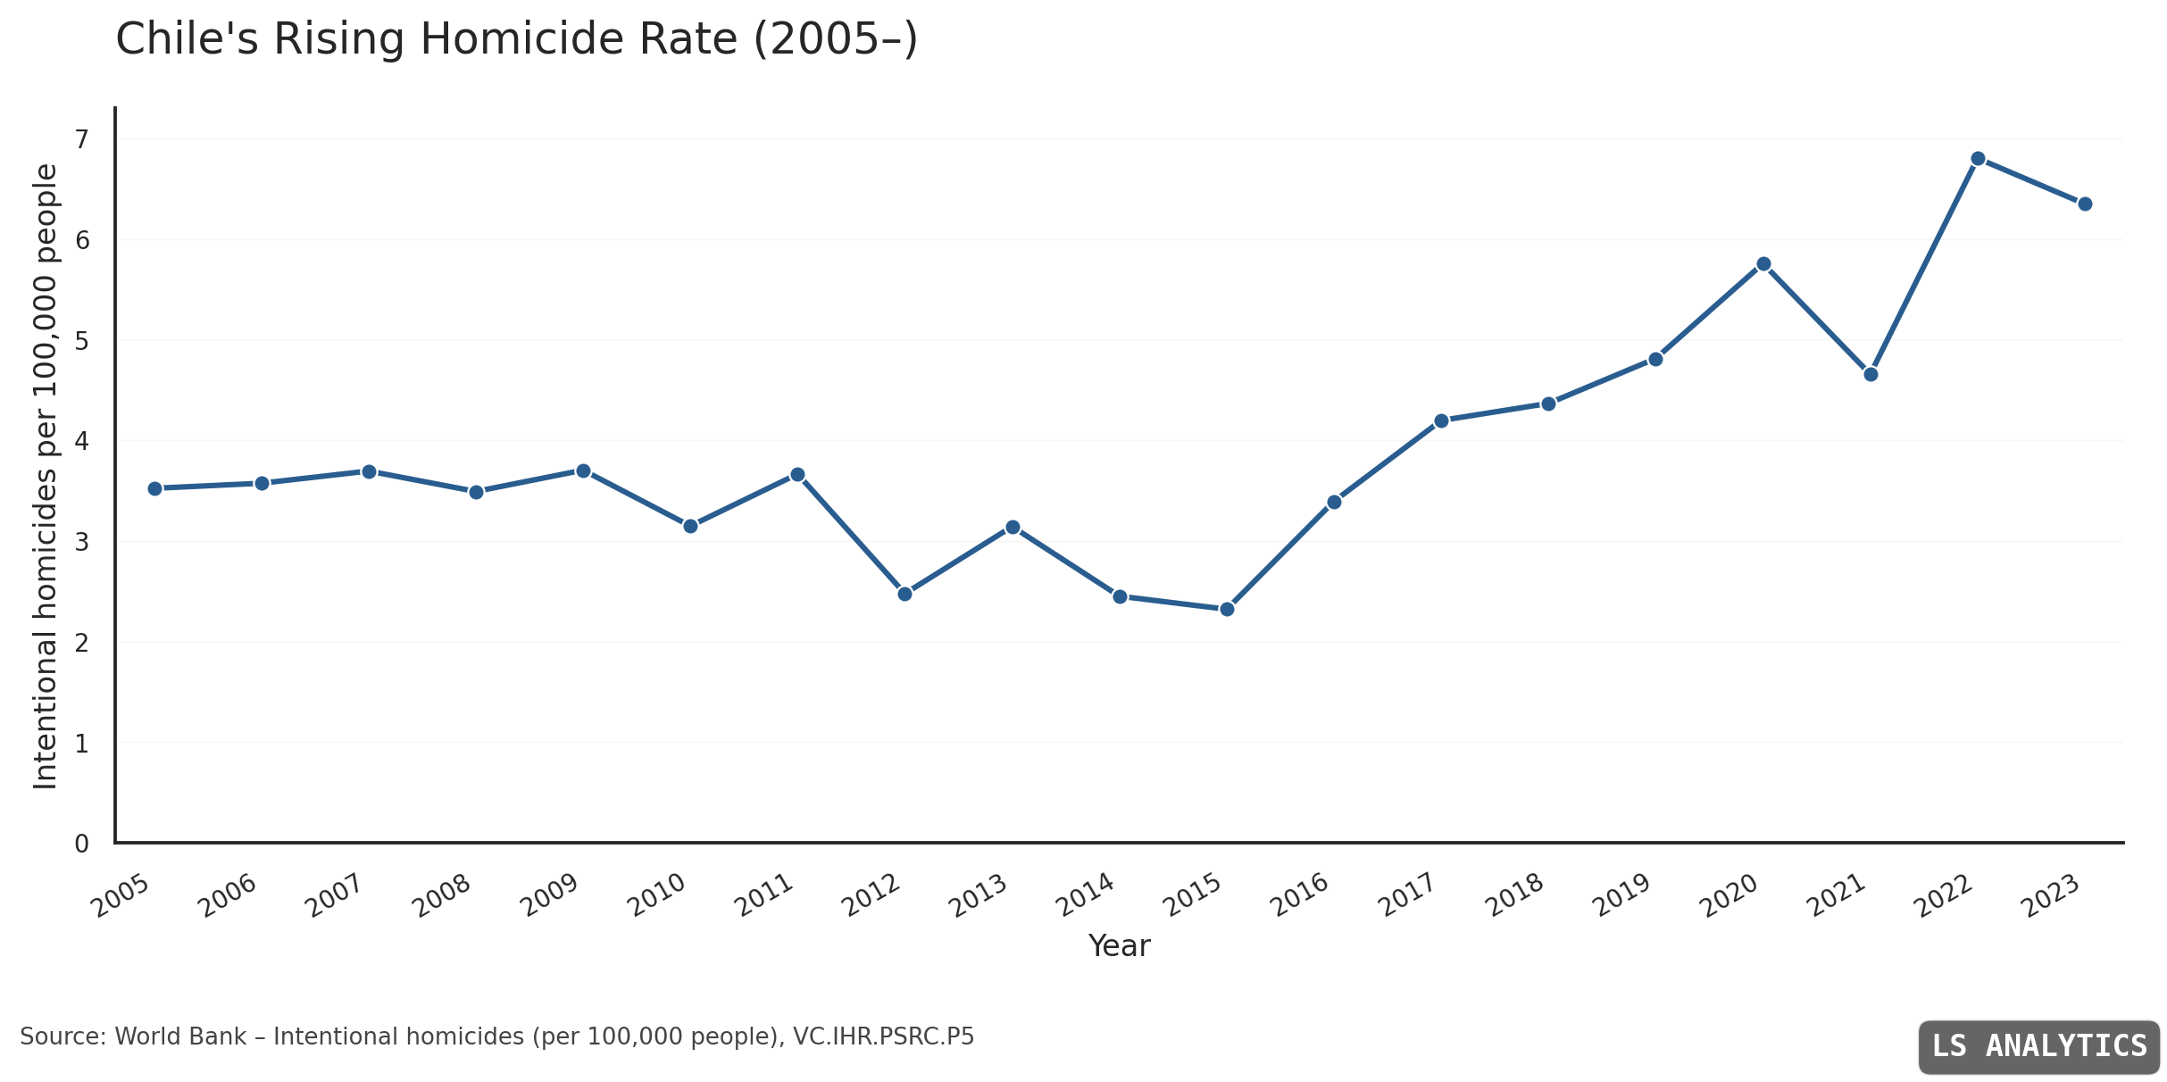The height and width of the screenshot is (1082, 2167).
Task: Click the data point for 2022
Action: click(1978, 159)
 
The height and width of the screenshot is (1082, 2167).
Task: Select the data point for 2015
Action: click(1227, 609)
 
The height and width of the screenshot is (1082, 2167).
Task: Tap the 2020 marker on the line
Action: click(1763, 264)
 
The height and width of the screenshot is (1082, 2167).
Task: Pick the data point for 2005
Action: click(154, 488)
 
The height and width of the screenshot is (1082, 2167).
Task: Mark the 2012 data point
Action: click(904, 594)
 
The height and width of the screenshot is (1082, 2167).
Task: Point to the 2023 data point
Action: click(2085, 204)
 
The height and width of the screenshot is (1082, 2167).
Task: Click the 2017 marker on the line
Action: click(1441, 420)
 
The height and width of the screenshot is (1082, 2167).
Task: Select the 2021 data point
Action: click(1871, 374)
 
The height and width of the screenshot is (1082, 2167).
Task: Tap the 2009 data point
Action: click(583, 470)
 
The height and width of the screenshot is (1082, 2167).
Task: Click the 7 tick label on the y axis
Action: click(82, 139)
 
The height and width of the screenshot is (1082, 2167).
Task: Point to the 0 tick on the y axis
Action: click(82, 844)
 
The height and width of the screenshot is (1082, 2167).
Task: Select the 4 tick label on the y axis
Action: click(82, 441)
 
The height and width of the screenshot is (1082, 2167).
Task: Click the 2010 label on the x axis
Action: click(657, 895)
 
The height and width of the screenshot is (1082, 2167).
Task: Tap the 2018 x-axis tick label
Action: click(1515, 895)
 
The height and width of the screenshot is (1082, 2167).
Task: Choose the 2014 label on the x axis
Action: click(1086, 895)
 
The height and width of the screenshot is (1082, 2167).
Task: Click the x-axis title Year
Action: click(1119, 946)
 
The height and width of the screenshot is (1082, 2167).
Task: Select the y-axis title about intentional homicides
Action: click(46, 476)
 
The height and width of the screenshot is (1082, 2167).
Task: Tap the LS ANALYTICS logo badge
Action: click(2039, 1046)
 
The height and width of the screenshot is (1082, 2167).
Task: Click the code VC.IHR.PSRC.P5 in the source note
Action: click(883, 1037)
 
